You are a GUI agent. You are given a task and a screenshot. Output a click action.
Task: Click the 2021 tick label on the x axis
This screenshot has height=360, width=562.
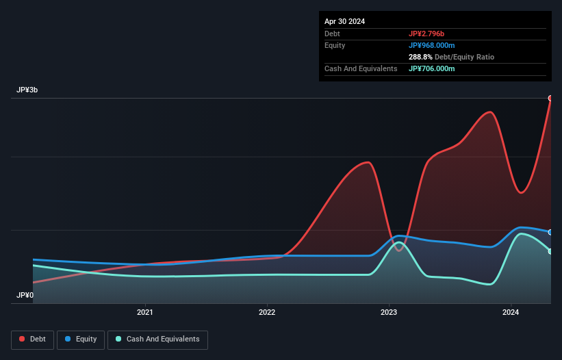point(145,313)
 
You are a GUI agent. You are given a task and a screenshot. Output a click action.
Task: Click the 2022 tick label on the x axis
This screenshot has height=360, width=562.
point(267,313)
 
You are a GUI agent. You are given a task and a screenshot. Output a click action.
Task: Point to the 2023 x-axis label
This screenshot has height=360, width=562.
point(389,313)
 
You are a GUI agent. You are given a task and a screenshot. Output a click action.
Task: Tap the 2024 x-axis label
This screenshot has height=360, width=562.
point(511,313)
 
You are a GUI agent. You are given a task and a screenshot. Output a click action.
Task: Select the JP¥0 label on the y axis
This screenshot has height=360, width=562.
point(25,296)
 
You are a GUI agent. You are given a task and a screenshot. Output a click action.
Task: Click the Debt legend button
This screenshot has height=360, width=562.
point(33,339)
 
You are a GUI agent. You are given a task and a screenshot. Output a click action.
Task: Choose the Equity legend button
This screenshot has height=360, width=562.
point(81,339)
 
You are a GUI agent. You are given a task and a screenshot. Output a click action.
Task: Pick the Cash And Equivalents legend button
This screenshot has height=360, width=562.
point(157,339)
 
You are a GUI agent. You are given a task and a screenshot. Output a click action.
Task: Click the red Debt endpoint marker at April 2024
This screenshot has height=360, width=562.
point(550,98)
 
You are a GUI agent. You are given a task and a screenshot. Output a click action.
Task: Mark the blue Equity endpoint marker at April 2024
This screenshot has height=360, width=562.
point(550,232)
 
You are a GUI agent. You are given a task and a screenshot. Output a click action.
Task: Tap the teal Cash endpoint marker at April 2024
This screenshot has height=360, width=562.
point(550,251)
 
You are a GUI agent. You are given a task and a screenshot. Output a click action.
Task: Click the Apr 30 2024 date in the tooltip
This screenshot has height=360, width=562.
point(344,21)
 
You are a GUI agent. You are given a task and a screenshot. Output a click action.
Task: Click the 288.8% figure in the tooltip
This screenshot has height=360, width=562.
point(421,57)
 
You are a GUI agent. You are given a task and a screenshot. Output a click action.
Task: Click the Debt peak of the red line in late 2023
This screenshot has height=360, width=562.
point(489,112)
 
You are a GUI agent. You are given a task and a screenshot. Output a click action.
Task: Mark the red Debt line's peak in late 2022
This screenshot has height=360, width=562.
point(368,162)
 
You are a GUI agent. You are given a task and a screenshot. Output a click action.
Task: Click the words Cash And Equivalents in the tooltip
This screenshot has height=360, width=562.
point(361,68)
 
